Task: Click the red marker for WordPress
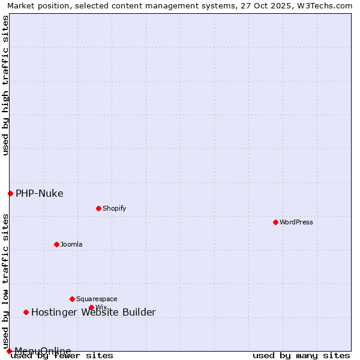pyautogui.click(x=275, y=222)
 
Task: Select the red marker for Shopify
pyautogui.click(x=98, y=208)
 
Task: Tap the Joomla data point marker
pyautogui.click(x=56, y=244)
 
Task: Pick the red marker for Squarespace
pyautogui.click(x=72, y=299)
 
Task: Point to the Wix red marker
pyautogui.click(x=91, y=307)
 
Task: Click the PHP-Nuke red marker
pyautogui.click(x=10, y=193)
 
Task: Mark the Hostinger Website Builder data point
pyautogui.click(x=26, y=312)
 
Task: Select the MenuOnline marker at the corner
pyautogui.click(x=9, y=351)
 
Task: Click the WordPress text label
pyautogui.click(x=296, y=222)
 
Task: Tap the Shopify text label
pyautogui.click(x=114, y=208)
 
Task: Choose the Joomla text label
pyautogui.click(x=71, y=244)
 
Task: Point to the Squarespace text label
pyautogui.click(x=97, y=299)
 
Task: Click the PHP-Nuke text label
pyautogui.click(x=39, y=193)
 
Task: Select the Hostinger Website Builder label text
pyautogui.click(x=93, y=312)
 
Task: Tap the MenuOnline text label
pyautogui.click(x=43, y=351)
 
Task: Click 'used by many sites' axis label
pyautogui.click(x=301, y=356)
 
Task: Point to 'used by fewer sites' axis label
pyautogui.click(x=62, y=356)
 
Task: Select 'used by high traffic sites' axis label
pyautogui.click(x=6, y=85)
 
